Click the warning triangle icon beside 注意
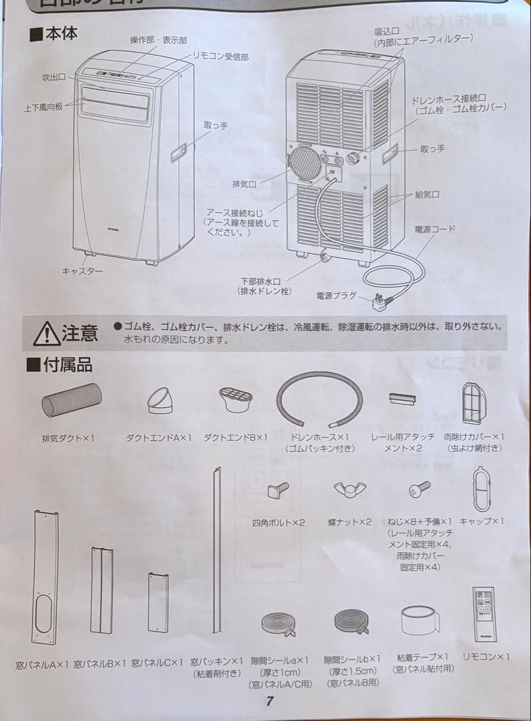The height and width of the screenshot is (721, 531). click(x=45, y=332)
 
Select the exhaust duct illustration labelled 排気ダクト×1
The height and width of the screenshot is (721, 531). click(x=71, y=405)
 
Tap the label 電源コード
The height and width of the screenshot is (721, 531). click(x=435, y=229)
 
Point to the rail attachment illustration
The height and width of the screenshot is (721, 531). click(x=402, y=398)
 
